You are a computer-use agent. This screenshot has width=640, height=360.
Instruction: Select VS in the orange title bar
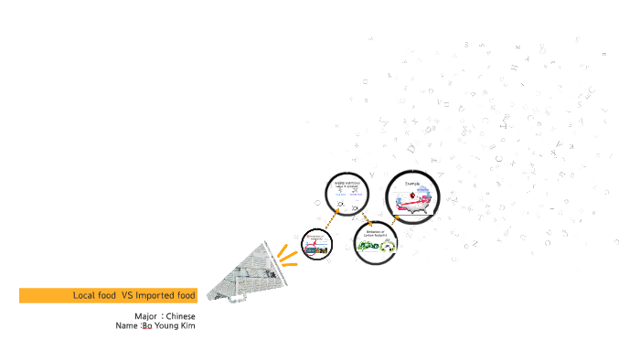[127, 295]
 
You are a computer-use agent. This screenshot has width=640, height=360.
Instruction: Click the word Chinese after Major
[180, 316]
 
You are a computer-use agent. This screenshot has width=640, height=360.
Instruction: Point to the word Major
[145, 316]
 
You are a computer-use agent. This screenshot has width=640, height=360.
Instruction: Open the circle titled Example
[413, 197]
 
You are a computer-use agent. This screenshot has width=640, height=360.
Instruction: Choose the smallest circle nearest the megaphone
[315, 245]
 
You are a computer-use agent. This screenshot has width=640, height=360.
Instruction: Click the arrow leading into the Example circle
[395, 219]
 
